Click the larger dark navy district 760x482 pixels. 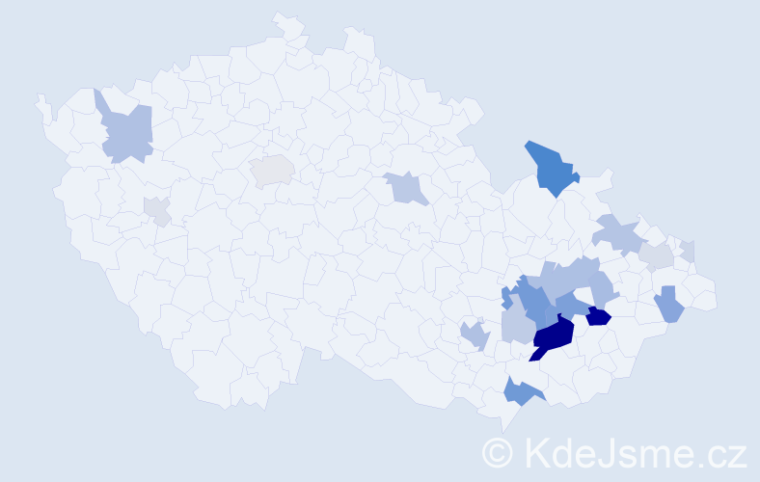[554, 335]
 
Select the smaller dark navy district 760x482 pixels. [598, 315]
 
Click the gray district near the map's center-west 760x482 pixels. [272, 171]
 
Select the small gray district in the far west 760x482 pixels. [156, 209]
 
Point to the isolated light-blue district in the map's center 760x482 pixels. [406, 187]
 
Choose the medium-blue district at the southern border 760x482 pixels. [522, 390]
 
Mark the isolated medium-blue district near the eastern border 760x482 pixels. [668, 306]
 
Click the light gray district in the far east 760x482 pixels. [657, 255]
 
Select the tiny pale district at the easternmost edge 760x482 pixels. [688, 251]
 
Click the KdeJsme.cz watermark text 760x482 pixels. [633, 451]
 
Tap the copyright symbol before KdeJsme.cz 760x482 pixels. [499, 452]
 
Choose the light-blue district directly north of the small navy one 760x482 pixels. [603, 288]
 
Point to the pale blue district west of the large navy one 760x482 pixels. [518, 326]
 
